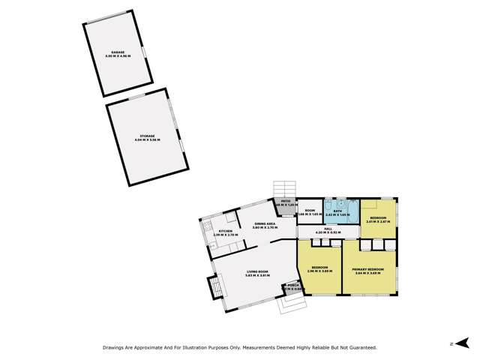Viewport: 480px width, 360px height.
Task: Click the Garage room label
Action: click(119, 52)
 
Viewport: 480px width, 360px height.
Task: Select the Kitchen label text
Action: click(226, 232)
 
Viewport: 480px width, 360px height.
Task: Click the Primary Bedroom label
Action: click(368, 268)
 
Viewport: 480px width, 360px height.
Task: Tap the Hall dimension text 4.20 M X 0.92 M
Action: click(328, 232)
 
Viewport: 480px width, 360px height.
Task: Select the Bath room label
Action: click(338, 211)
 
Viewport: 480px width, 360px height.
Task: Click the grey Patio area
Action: click(286, 205)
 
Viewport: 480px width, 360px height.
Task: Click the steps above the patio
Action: click(285, 187)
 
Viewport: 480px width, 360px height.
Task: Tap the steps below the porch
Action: click(289, 304)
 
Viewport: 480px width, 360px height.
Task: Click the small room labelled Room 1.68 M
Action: click(310, 212)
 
